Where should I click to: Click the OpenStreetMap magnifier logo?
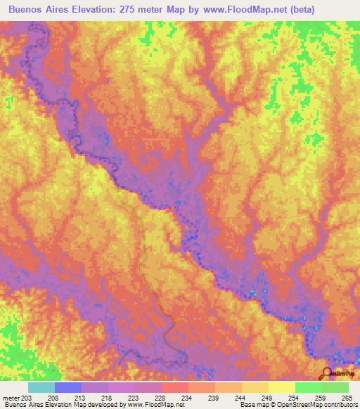click(327, 372)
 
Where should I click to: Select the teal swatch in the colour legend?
click(41, 387)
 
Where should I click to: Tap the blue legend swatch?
click(68, 387)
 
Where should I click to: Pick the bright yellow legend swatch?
click(282, 387)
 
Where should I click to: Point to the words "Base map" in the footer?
click(253, 405)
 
